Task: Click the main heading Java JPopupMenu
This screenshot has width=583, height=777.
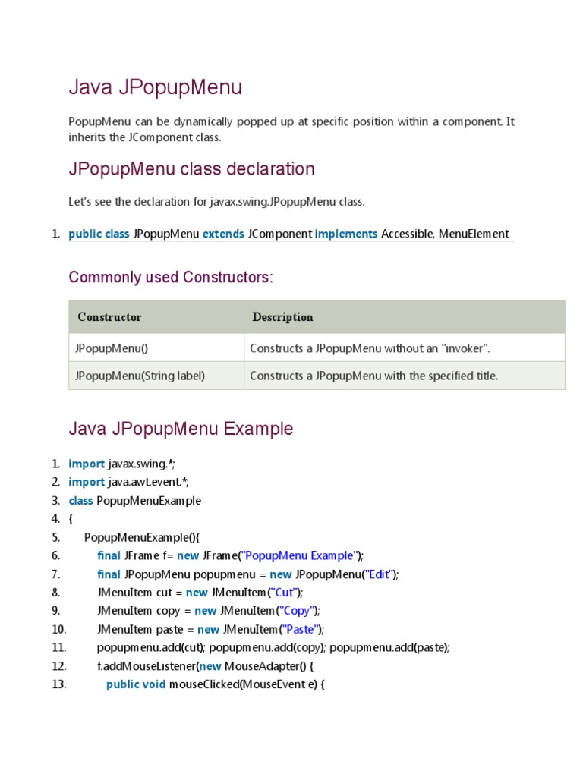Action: pyautogui.click(x=155, y=88)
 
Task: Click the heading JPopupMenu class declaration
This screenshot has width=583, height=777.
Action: pyautogui.click(x=191, y=168)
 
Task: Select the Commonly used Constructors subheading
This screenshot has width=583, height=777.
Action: pyautogui.click(x=170, y=278)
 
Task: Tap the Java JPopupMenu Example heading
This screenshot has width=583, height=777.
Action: pyautogui.click(x=181, y=429)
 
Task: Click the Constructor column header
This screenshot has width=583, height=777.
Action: pyautogui.click(x=109, y=317)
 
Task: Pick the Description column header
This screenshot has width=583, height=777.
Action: pyautogui.click(x=282, y=317)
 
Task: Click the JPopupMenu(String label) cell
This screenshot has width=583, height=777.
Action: pyautogui.click(x=140, y=376)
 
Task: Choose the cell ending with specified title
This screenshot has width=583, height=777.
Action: pyautogui.click(x=373, y=376)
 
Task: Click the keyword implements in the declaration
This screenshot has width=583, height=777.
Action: pyautogui.click(x=346, y=234)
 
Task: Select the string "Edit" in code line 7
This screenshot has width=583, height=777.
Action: pyautogui.click(x=379, y=574)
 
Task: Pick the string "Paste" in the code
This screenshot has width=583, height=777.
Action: pyautogui.click(x=301, y=629)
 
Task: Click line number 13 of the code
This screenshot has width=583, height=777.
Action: pyautogui.click(x=59, y=684)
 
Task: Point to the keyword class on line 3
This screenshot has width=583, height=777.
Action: pyautogui.click(x=80, y=501)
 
